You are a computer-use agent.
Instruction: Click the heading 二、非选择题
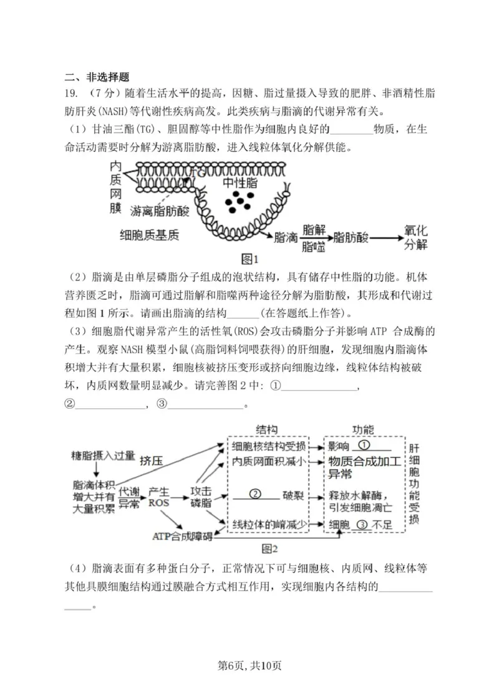point(97,77)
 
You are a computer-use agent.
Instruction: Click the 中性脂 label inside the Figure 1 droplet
point(240,183)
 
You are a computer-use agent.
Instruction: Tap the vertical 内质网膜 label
point(115,187)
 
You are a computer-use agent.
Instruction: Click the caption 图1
point(249,259)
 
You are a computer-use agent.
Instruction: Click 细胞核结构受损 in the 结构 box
point(269,446)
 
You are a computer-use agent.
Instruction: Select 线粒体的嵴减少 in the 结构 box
point(269,525)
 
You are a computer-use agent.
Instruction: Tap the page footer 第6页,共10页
point(249,666)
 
